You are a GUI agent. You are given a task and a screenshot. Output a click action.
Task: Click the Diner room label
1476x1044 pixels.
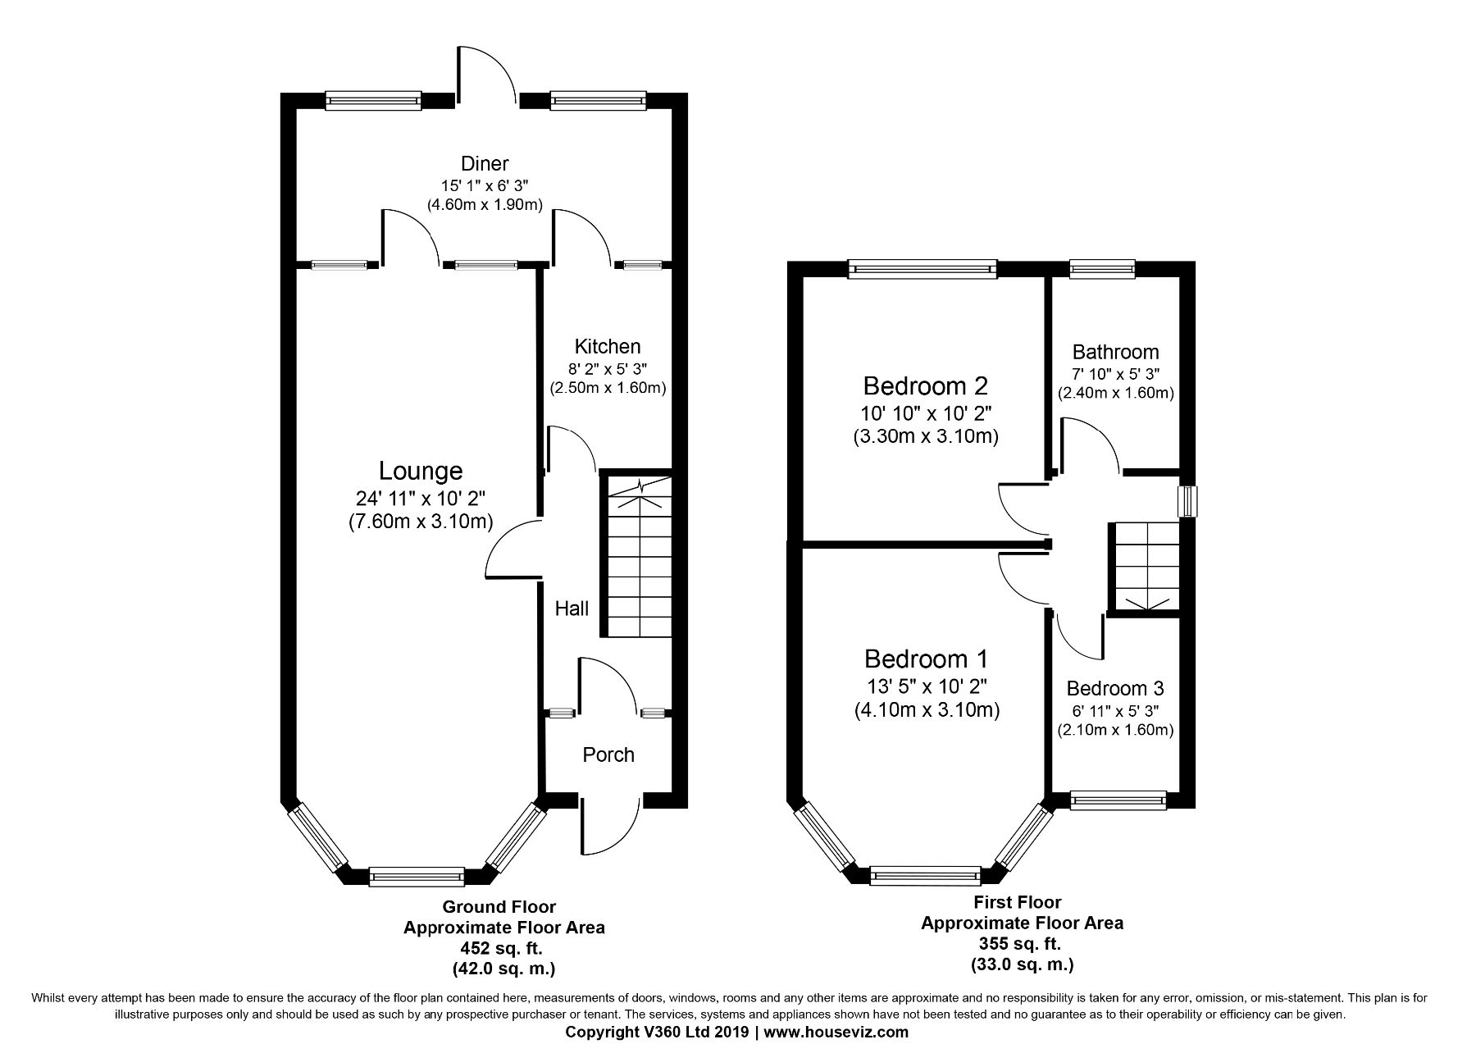tap(485, 164)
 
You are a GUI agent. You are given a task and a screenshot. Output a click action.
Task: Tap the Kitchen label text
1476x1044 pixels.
tap(608, 346)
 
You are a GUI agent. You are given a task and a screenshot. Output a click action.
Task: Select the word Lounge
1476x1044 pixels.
tap(421, 472)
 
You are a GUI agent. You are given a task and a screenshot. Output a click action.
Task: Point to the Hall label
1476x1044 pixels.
tap(572, 609)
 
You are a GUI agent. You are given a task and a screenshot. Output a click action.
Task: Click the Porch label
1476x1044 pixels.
tap(608, 755)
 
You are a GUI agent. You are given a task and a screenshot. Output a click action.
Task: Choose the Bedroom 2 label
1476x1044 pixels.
tap(926, 385)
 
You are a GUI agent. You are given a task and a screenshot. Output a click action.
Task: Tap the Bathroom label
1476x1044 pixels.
tap(1116, 353)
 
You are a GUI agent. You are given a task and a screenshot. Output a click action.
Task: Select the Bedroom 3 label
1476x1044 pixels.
tap(1115, 689)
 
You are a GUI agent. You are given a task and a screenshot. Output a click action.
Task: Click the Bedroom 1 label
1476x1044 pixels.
tap(927, 659)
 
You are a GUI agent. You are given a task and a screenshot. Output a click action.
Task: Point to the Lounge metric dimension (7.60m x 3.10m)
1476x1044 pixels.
tap(421, 521)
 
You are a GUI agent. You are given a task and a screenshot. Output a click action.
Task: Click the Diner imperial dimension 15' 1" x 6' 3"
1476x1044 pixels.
tap(485, 186)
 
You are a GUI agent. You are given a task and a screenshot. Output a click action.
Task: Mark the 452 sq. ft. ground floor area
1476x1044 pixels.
tap(503, 948)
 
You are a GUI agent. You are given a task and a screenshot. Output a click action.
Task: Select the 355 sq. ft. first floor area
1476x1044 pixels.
tap(1022, 943)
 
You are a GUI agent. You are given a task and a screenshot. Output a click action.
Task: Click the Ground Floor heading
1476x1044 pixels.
tap(499, 907)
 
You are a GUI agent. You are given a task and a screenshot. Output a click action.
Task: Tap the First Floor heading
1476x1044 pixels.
tap(1018, 902)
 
